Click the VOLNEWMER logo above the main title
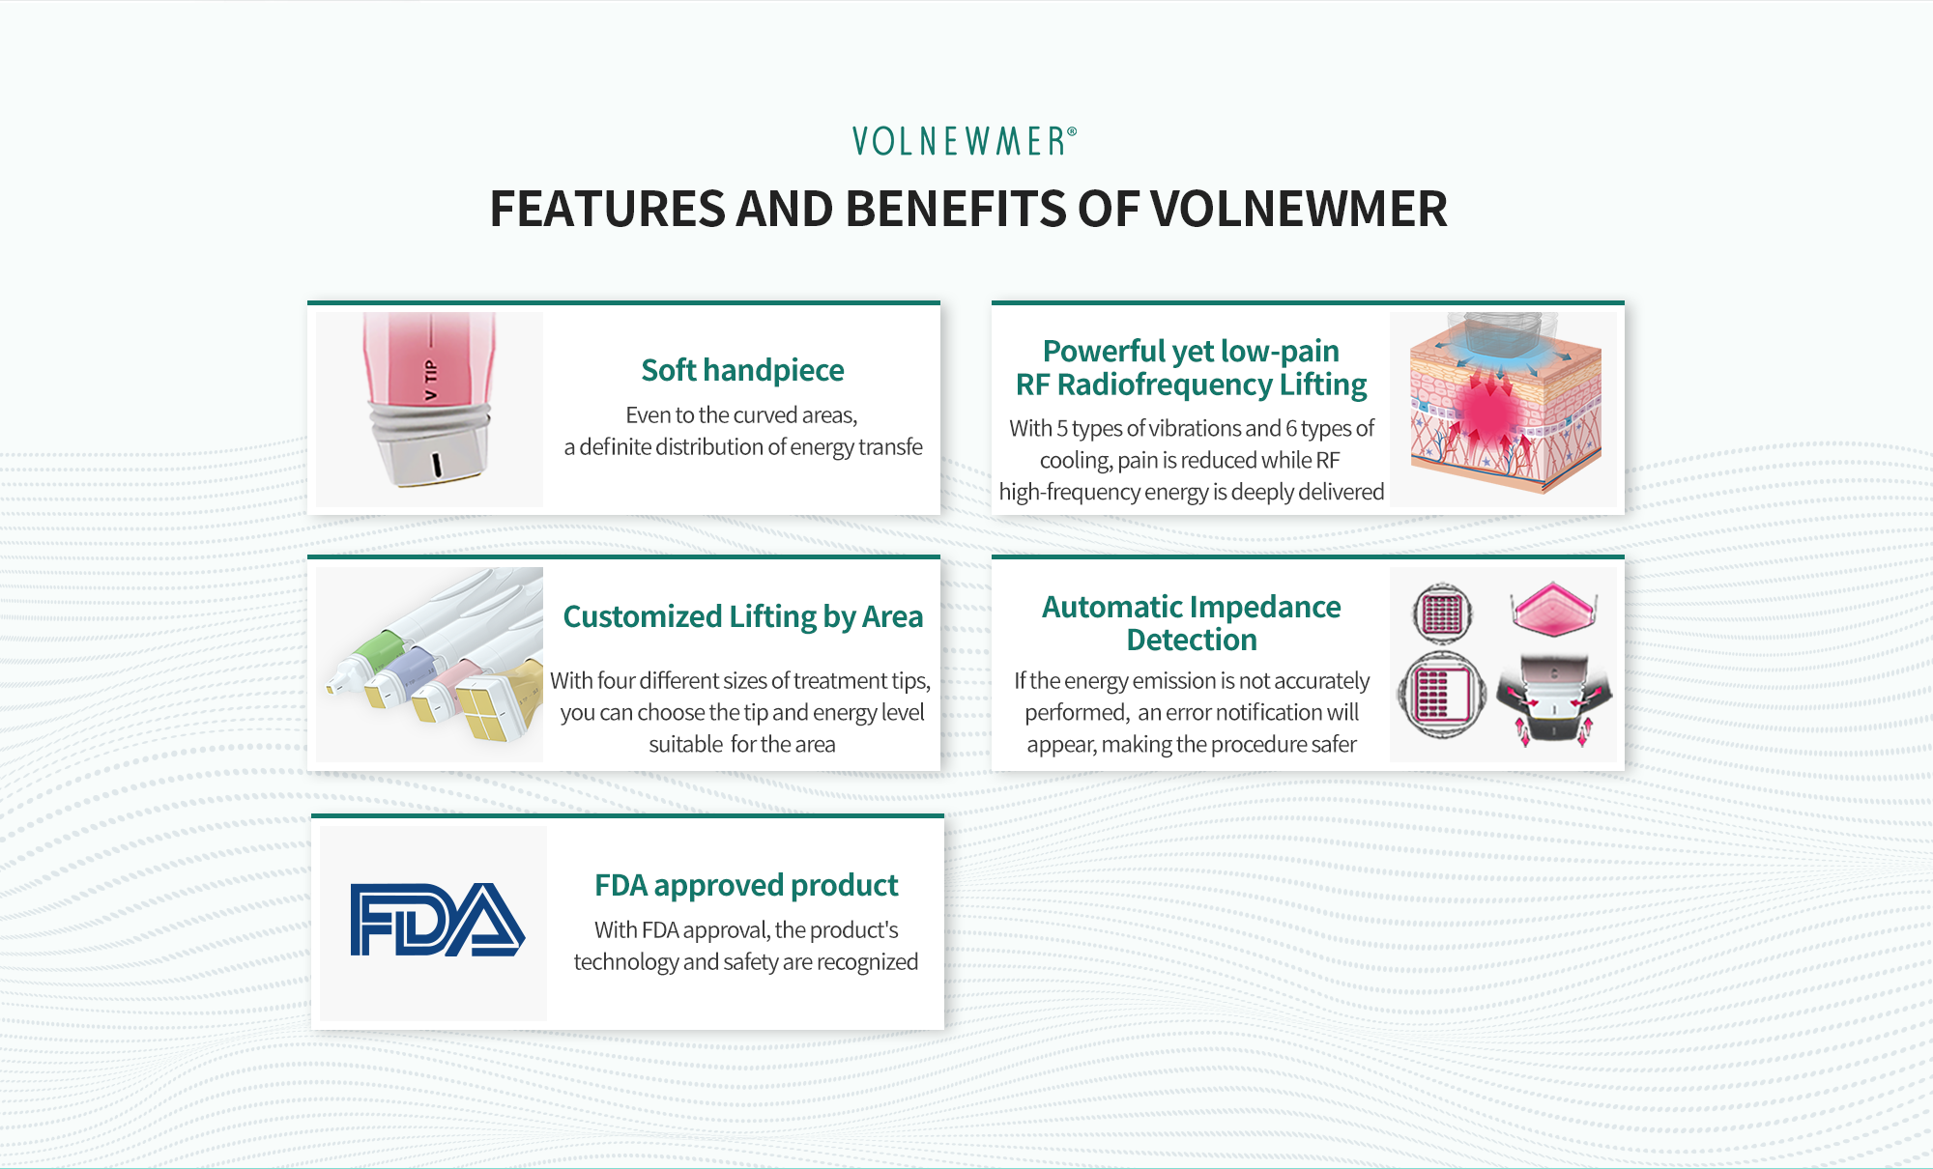[x=965, y=141]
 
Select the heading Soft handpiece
[x=742, y=370]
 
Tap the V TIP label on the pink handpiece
[x=431, y=380]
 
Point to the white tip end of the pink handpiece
[x=434, y=463]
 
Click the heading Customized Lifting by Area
[x=742, y=616]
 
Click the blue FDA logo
[x=437, y=920]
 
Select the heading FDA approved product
[x=746, y=885]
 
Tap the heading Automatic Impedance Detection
[x=1191, y=623]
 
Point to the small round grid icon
[x=1442, y=613]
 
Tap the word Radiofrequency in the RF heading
[x=1164, y=385]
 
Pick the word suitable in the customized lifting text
[x=686, y=744]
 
